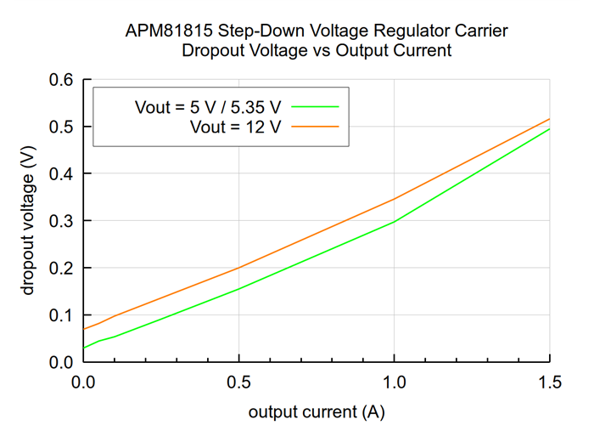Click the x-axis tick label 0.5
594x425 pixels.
pyautogui.click(x=238, y=383)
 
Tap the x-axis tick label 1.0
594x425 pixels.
pyautogui.click(x=394, y=383)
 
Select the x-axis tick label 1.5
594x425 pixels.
pyautogui.click(x=550, y=383)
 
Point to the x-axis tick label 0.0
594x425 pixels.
pyautogui.click(x=82, y=383)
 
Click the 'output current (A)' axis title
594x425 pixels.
pyautogui.click(x=316, y=412)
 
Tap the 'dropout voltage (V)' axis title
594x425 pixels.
pyautogui.click(x=28, y=221)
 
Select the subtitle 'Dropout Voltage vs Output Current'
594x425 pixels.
pyautogui.click(x=316, y=51)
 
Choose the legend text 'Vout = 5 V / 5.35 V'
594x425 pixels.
pyautogui.click(x=208, y=107)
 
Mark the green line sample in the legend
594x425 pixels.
pyautogui.click(x=317, y=107)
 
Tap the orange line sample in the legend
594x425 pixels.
pyautogui.click(x=317, y=127)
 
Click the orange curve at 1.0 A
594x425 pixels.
pyautogui.click(x=394, y=199)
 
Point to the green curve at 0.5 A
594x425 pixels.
pyautogui.click(x=238, y=289)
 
